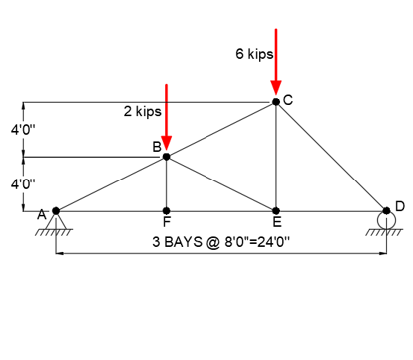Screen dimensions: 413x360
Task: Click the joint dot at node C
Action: (x=276, y=101)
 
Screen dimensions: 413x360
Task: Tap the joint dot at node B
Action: (x=166, y=156)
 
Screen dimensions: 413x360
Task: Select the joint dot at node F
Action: (x=166, y=211)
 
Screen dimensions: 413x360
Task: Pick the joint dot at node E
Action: (x=276, y=211)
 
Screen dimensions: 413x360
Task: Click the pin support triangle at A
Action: (x=56, y=220)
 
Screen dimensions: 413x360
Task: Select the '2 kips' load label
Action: (x=143, y=111)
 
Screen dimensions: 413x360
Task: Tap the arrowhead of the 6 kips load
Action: (x=276, y=90)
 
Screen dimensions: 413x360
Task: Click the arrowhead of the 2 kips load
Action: (x=166, y=145)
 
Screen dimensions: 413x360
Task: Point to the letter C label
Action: (x=288, y=100)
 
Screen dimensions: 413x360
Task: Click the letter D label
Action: (x=399, y=205)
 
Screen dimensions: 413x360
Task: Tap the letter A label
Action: (x=42, y=214)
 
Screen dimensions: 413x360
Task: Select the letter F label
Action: (x=166, y=224)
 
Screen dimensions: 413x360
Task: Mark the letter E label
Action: (x=277, y=224)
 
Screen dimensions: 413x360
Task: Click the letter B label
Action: (x=157, y=147)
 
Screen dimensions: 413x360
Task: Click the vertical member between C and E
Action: (x=276, y=160)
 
